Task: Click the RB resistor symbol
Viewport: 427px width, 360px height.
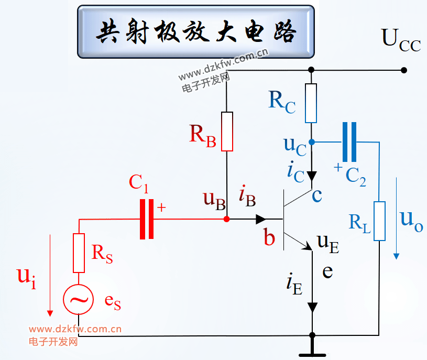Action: (x=227, y=131)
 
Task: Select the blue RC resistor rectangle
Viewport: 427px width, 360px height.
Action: (x=311, y=103)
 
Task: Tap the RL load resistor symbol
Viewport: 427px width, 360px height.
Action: (x=379, y=221)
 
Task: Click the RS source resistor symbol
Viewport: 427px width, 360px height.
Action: (x=79, y=253)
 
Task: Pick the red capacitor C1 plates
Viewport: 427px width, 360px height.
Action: (x=147, y=219)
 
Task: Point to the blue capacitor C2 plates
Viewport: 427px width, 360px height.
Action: (x=349, y=142)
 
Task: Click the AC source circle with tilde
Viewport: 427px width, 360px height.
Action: (x=79, y=299)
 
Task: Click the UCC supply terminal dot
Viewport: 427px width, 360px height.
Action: (x=404, y=70)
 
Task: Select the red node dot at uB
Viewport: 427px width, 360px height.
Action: (x=226, y=219)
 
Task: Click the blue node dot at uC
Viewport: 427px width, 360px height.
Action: (x=312, y=142)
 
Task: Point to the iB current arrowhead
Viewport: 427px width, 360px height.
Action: (x=261, y=219)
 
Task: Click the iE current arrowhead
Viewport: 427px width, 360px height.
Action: (x=312, y=308)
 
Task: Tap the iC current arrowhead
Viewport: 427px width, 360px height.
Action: (x=312, y=176)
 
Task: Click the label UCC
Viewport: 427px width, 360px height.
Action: (x=401, y=40)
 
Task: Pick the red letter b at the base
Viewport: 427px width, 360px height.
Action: (x=269, y=237)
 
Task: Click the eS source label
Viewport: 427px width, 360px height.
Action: (x=113, y=302)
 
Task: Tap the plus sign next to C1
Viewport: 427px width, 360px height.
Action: (x=161, y=208)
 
